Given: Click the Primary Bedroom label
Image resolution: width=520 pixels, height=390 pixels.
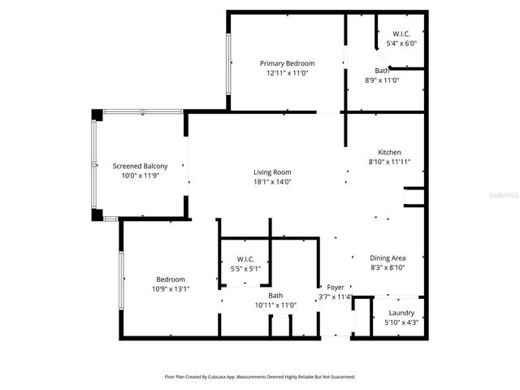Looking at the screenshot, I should click(x=287, y=63).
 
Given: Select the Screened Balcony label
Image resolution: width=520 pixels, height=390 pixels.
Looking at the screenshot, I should click(x=140, y=167).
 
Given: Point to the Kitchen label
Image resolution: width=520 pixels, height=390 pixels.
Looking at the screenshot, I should click(x=389, y=152).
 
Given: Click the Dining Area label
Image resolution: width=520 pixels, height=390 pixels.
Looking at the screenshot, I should click(x=388, y=258).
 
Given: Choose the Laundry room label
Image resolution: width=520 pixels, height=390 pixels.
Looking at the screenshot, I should click(x=401, y=313).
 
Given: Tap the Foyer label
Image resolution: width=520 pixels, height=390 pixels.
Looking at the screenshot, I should click(x=336, y=288).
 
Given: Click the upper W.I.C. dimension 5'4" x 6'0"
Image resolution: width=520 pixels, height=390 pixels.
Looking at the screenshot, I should click(x=401, y=44).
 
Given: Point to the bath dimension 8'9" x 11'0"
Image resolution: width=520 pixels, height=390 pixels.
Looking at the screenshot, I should click(x=382, y=80).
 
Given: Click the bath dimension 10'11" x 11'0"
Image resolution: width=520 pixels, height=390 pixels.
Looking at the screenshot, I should click(x=275, y=305).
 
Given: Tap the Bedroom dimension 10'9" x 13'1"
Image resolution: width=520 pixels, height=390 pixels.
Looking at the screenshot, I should click(x=171, y=288).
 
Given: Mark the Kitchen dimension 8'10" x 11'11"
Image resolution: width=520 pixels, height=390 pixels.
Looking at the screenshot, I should click(x=389, y=162).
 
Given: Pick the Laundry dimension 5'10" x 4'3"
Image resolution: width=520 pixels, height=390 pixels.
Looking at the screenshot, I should click(x=401, y=323).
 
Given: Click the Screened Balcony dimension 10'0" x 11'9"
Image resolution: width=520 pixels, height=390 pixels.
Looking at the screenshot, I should click(x=140, y=175).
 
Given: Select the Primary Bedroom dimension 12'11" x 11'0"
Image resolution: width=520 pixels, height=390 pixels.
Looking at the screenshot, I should click(x=287, y=73).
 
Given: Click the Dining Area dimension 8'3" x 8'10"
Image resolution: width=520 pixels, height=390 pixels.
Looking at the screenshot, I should click(x=388, y=267).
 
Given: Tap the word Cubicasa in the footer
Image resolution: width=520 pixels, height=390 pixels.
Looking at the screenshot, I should click(x=216, y=377).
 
